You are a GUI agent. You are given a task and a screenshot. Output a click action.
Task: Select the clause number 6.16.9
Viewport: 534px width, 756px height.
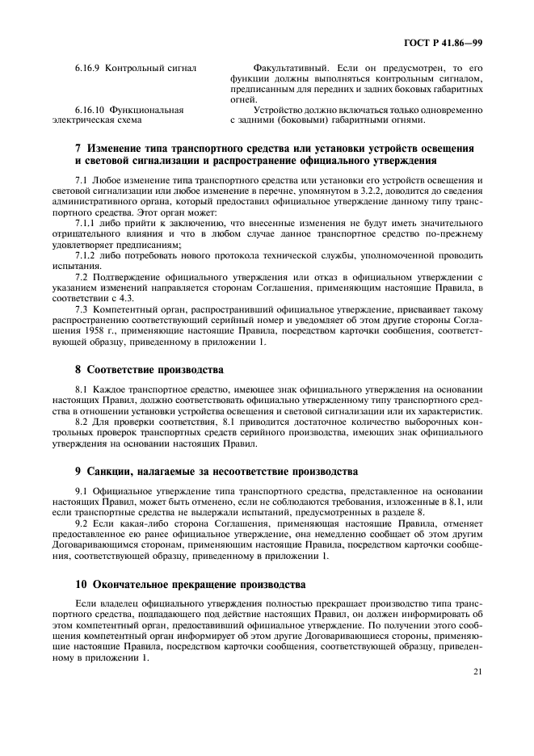coord(89,68)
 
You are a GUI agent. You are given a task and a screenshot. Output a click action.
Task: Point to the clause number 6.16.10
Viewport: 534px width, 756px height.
coord(91,110)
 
